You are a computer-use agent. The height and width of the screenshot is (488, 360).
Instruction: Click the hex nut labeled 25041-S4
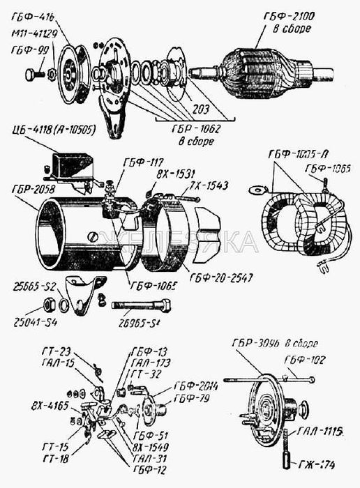[x=49, y=304]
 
